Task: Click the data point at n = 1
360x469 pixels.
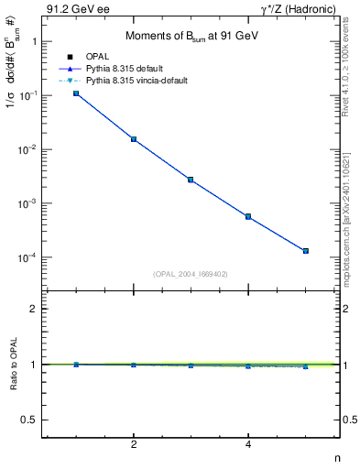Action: point(76,93)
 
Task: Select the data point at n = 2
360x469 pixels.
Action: point(134,139)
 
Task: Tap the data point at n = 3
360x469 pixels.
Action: point(191,180)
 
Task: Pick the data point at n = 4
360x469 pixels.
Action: point(248,216)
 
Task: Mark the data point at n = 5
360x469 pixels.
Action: point(306,251)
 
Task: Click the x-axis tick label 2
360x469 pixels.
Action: point(134,445)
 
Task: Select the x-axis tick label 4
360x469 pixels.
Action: point(248,445)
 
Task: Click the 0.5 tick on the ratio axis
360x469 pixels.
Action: point(32,420)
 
